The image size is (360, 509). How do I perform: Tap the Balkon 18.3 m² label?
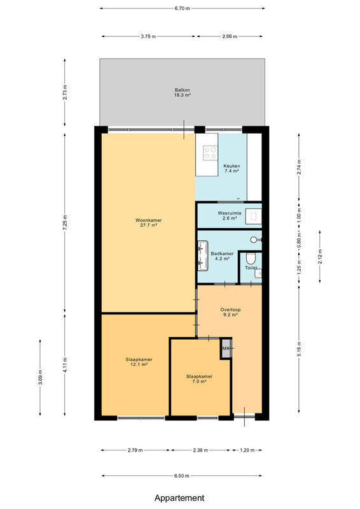tap(182, 92)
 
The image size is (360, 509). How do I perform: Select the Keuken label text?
tap(232, 166)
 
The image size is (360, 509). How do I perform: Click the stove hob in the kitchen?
tap(210, 153)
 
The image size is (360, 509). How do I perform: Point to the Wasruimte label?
tap(230, 213)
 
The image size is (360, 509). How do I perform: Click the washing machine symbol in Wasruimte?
tap(253, 216)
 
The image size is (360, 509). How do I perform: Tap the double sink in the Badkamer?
tap(203, 256)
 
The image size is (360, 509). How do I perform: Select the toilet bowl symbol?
tap(251, 259)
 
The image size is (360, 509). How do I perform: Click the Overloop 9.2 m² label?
tap(230, 312)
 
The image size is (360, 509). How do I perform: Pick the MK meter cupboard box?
tap(226, 348)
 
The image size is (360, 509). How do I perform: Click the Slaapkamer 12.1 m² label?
tap(139, 362)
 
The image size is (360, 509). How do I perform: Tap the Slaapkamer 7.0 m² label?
tap(199, 379)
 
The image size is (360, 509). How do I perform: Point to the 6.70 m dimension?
tap(182, 8)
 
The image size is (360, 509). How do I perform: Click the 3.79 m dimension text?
tap(148, 36)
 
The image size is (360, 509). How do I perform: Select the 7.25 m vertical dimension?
tap(65, 223)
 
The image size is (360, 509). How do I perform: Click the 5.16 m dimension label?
tap(299, 349)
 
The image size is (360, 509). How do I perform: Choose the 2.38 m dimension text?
tap(200, 450)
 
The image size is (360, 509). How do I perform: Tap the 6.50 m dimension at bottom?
tap(182, 476)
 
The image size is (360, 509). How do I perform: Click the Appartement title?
tap(179, 498)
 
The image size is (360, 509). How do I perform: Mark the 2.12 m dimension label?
tap(320, 257)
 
